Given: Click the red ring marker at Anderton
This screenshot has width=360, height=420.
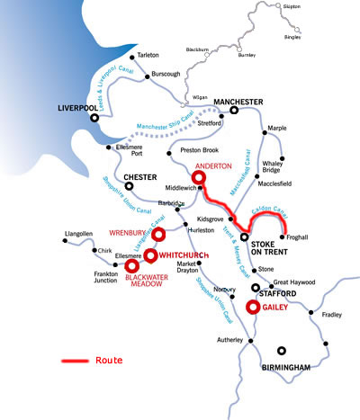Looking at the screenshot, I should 200,166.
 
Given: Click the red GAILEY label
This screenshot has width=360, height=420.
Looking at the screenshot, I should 279,306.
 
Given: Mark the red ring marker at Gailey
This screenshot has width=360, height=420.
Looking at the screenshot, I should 253,307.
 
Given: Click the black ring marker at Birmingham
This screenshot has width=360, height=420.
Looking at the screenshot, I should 283,351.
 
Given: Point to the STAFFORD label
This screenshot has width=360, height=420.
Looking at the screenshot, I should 274,293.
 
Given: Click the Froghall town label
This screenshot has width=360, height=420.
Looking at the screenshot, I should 299,237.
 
